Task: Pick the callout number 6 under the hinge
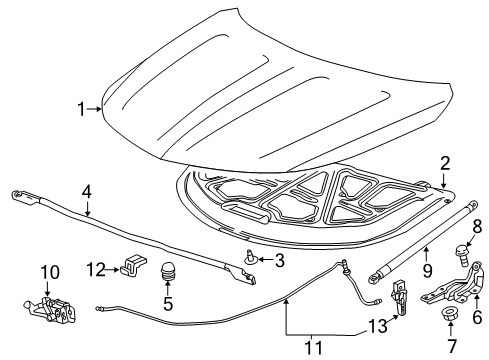coord(475,316)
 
